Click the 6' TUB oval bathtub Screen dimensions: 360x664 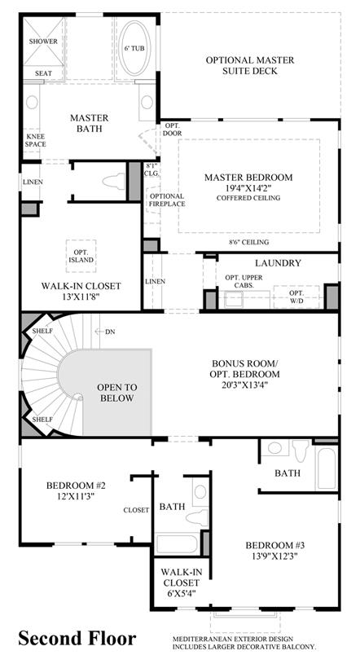134,48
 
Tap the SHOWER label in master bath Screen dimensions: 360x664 43,42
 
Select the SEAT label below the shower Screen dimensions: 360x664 43,73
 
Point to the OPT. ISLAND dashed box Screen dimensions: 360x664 81,256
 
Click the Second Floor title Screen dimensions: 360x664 77,638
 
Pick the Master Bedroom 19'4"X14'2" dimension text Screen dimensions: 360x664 248,188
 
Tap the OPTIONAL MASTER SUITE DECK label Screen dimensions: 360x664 250,66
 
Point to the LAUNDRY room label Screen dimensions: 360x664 278,263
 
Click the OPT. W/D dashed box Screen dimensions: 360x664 296,297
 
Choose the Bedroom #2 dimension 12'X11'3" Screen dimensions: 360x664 76,496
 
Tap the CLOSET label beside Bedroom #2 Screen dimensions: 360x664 136,510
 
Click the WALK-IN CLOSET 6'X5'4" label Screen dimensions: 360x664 179,583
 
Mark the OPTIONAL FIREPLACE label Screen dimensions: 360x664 167,200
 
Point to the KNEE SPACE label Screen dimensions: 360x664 36,141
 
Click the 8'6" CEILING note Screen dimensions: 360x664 248,242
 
